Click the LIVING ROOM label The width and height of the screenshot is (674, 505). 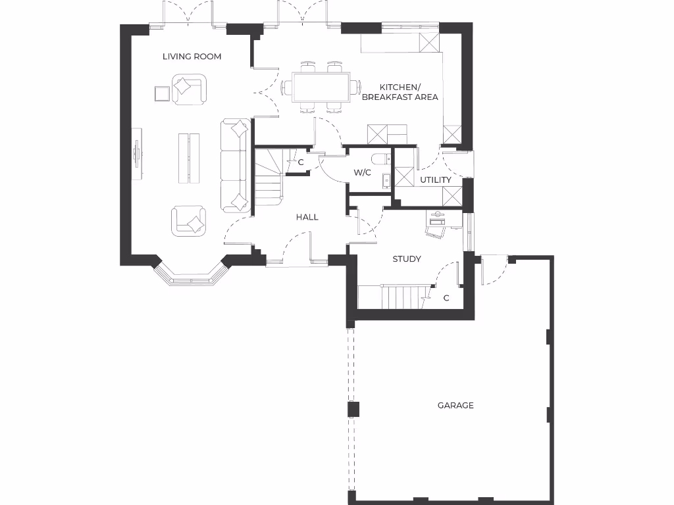(192, 57)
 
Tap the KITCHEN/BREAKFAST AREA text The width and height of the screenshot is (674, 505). (400, 92)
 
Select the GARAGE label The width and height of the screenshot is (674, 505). (455, 406)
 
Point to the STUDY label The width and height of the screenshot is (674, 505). (407, 259)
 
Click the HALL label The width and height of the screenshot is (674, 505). (307, 217)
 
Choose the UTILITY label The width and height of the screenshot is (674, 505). (436, 180)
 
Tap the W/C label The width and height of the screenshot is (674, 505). (363, 173)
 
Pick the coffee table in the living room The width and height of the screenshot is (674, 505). (189, 158)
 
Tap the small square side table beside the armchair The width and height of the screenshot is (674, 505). (162, 93)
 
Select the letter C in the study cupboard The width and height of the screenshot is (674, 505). (446, 298)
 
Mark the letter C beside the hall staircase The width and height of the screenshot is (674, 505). (301, 162)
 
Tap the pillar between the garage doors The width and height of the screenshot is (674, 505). (353, 409)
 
